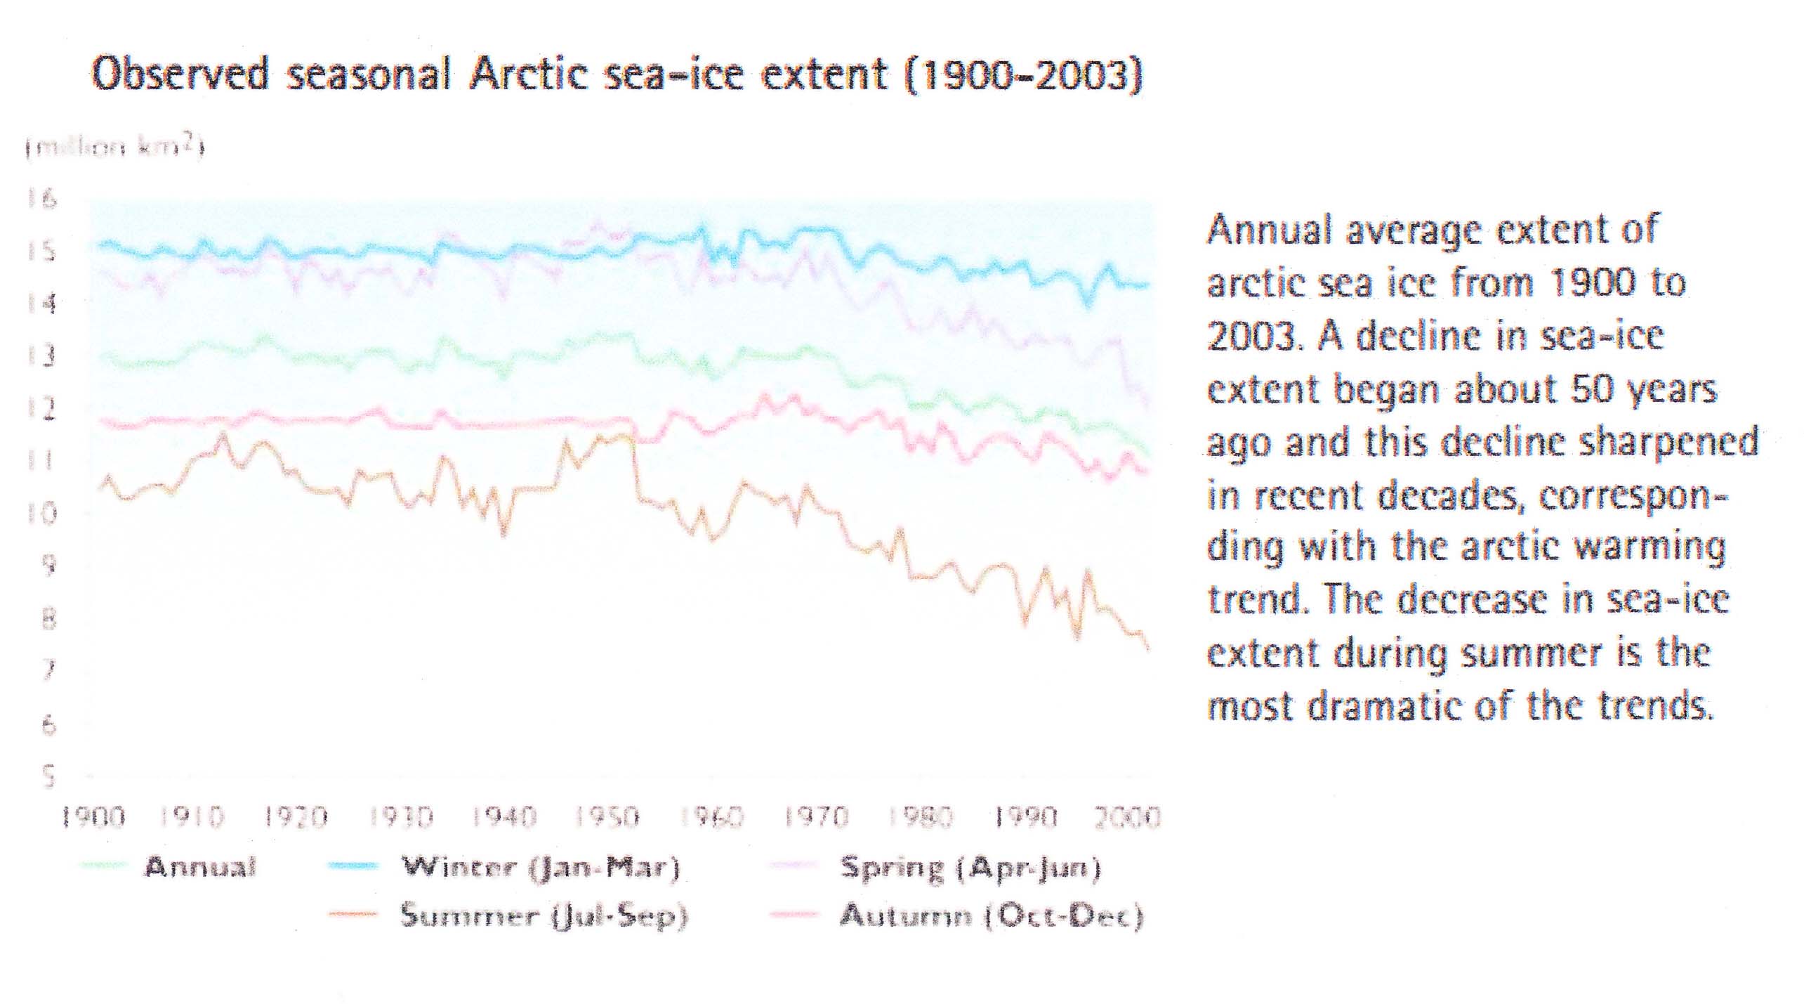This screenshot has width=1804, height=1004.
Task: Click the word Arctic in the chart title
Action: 529,74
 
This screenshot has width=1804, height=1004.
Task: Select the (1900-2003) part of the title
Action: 1023,74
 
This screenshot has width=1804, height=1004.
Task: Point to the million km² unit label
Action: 114,148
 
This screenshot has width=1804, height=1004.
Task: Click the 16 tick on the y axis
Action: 41,200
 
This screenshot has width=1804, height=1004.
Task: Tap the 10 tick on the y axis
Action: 41,514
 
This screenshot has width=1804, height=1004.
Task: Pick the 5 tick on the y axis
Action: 48,776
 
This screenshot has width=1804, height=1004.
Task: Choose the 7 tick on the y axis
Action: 48,671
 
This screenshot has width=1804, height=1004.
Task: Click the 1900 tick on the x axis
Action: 93,817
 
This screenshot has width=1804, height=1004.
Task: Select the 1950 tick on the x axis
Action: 607,817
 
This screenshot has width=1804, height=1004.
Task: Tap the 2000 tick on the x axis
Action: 1128,817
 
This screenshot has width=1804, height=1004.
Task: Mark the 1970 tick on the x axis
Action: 816,817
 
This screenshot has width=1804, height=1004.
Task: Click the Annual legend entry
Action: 200,867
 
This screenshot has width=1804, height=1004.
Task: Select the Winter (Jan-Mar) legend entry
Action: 540,867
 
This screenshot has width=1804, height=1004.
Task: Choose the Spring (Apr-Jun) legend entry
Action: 970,868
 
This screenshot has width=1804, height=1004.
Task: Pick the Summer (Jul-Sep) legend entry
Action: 544,915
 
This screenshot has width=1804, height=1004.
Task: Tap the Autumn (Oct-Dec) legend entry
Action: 992,915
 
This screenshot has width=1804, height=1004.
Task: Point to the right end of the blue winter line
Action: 1147,285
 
